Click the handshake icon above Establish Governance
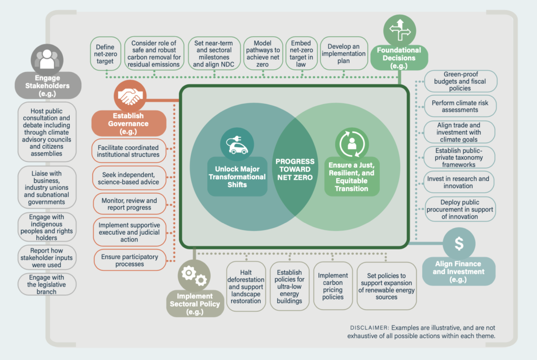click(x=130, y=96)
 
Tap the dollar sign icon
click(x=459, y=243)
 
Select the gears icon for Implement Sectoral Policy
click(x=194, y=276)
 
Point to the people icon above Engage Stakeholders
click(x=47, y=59)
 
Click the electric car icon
click(x=237, y=144)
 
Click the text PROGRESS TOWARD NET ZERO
click(x=295, y=169)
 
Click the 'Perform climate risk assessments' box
click(x=459, y=106)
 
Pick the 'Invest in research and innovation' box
click(x=459, y=182)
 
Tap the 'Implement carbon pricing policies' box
click(x=332, y=286)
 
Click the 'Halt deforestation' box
click(x=245, y=287)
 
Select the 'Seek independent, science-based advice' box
click(x=128, y=178)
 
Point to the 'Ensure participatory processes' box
click(x=129, y=260)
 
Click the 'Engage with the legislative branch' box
click(x=47, y=284)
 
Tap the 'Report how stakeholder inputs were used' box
click(x=47, y=258)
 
